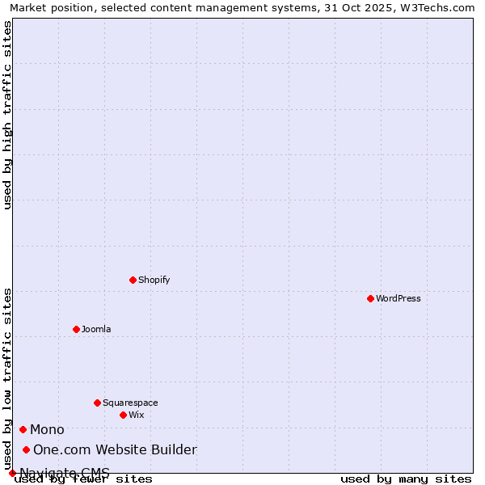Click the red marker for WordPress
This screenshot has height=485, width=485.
[x=370, y=298]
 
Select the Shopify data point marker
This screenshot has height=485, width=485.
[x=133, y=280]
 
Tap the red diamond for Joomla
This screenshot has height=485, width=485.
[x=76, y=329]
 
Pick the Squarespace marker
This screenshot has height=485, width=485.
[x=97, y=403]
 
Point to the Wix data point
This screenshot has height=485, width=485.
[x=123, y=415]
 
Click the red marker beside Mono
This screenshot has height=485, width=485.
[x=23, y=429]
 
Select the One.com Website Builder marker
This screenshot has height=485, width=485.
[x=27, y=449]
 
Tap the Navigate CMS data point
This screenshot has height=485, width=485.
[x=12, y=473]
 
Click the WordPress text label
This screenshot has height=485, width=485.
[x=398, y=298]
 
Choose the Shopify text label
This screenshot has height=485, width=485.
[x=154, y=280]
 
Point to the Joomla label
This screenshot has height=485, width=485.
[x=96, y=329]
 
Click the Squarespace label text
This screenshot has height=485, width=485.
[x=130, y=403]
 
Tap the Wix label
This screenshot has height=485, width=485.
[x=136, y=415]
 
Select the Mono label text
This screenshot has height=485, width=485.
[x=47, y=429]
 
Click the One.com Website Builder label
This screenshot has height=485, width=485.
[x=115, y=449]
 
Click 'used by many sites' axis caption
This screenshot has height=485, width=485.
[x=406, y=479]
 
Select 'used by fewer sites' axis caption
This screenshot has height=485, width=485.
[x=83, y=479]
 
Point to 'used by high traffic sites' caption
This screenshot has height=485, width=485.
[x=8, y=115]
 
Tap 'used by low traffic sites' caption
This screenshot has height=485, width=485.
[x=8, y=378]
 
